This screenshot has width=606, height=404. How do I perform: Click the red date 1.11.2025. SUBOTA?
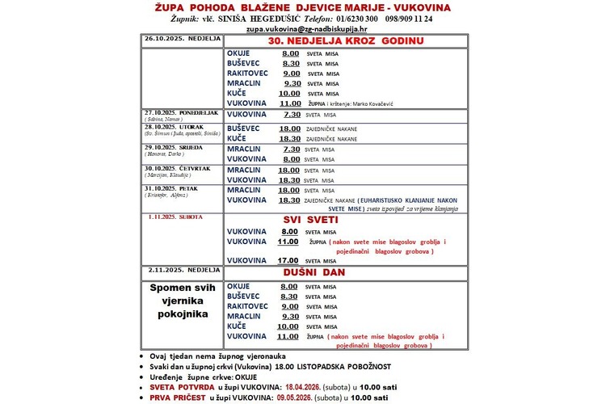[x=175, y=217]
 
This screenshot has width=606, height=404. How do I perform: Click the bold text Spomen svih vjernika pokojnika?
[x=179, y=300]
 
